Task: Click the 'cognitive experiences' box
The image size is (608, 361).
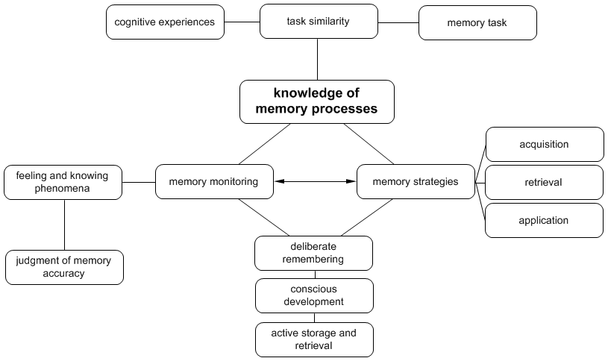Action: tap(164, 22)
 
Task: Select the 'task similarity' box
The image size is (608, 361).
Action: tap(318, 22)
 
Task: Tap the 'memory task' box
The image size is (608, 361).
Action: tap(477, 23)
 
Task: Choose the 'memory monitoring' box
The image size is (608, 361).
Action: tap(213, 182)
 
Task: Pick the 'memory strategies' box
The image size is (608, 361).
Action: tap(415, 182)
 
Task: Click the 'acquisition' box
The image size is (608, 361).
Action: tap(544, 145)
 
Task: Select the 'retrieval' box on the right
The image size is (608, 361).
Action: tap(544, 183)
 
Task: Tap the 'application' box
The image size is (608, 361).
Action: tap(544, 221)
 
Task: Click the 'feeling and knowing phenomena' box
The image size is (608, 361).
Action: tap(63, 183)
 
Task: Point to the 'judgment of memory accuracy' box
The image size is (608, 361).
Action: tap(64, 267)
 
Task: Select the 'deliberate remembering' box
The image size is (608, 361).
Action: tap(314, 253)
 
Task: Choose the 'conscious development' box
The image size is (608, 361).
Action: tap(314, 295)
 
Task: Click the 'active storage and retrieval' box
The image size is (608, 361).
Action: tap(314, 339)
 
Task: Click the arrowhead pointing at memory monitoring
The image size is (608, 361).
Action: tap(278, 181)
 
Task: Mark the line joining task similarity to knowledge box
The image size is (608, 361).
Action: tap(318, 59)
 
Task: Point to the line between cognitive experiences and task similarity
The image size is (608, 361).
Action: tap(242, 22)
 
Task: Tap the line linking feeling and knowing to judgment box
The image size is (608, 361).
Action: tap(64, 225)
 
